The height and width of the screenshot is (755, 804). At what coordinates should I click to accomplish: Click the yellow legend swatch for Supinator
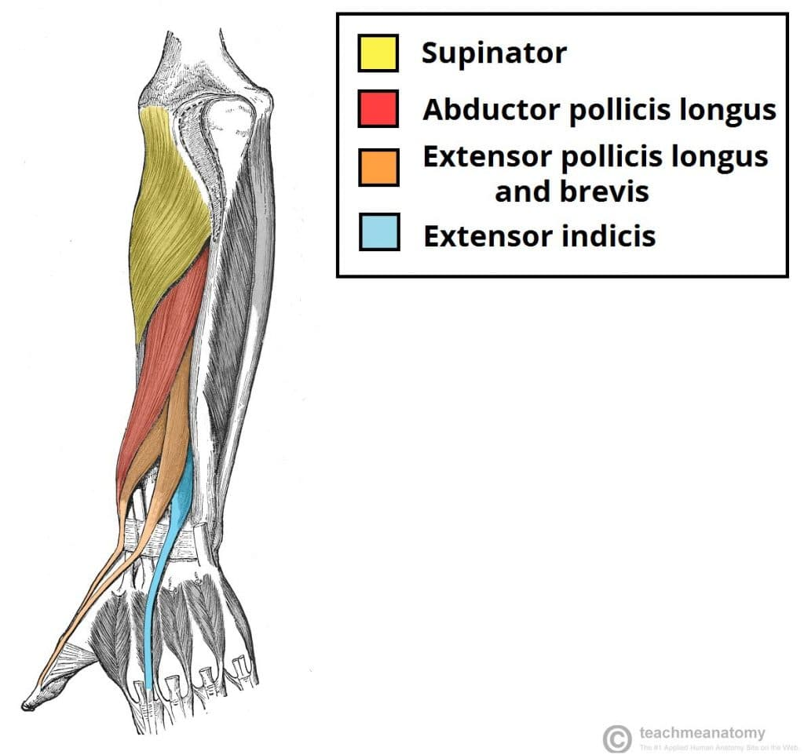(x=378, y=53)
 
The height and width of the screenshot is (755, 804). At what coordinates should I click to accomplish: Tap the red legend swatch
(x=378, y=108)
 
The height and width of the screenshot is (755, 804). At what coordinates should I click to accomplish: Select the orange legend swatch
(x=378, y=167)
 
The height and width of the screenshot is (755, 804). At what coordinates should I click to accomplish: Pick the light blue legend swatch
(x=378, y=232)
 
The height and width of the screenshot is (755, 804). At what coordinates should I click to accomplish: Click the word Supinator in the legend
(x=494, y=54)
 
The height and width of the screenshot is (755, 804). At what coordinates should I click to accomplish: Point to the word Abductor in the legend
(x=492, y=110)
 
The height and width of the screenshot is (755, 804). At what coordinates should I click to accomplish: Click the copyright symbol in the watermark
(x=616, y=739)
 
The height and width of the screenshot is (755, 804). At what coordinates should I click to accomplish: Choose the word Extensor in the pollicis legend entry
(x=488, y=157)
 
